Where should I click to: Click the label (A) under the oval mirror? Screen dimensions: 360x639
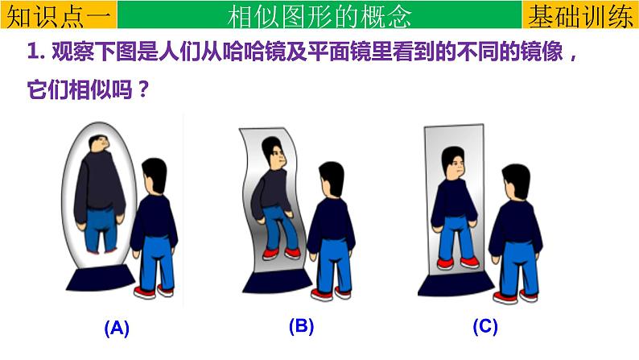point(117,328)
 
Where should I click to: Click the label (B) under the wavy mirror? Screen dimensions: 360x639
point(300,326)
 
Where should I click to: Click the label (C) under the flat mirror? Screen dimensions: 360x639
point(484,326)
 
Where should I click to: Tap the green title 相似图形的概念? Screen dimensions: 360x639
point(319,15)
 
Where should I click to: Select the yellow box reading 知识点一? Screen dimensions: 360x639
point(59,15)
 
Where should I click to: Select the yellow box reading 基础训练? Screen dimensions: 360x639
point(580,15)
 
